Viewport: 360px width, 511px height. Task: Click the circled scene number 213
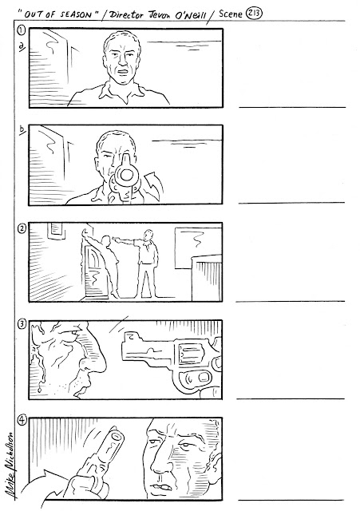[x=254, y=14]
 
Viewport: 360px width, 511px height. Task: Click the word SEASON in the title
[x=76, y=14]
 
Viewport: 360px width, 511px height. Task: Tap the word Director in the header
[x=126, y=14]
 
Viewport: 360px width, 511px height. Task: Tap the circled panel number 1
[x=22, y=30]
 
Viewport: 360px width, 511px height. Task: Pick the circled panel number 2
[x=22, y=228]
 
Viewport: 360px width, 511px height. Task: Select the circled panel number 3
[x=22, y=324]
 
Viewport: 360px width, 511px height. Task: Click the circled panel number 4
[x=22, y=421]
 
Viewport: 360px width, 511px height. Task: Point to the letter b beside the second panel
[x=22, y=129]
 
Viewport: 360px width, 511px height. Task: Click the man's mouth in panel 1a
[x=123, y=71]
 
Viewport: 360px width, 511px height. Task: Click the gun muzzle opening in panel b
[x=125, y=175]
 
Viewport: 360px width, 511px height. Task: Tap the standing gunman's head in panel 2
[x=148, y=235]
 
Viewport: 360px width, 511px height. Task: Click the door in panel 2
[x=94, y=271]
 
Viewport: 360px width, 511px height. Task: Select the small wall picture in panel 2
[x=56, y=231]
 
